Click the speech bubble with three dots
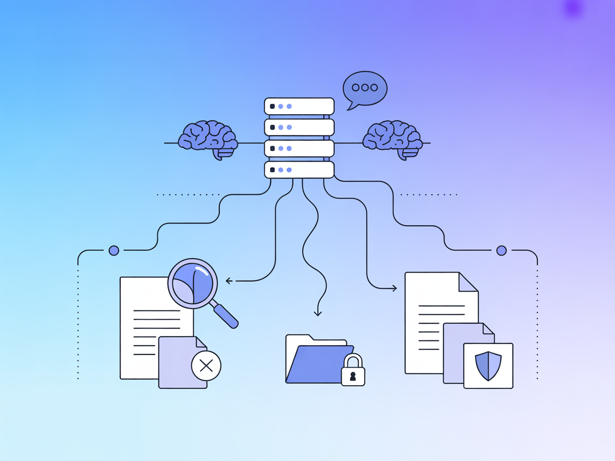(365, 88)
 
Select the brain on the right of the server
(392, 137)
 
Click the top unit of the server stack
(299, 106)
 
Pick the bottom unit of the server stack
(299, 170)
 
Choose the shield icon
(488, 365)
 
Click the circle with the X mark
(206, 365)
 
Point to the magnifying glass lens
(193, 284)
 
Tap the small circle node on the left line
(114, 250)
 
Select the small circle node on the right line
(501, 250)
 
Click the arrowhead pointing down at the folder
(318, 313)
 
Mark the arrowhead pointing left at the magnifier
(228, 281)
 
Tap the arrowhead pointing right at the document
(395, 288)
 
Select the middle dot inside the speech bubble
(365, 88)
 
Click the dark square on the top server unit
(272, 106)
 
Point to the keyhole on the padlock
(353, 376)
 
